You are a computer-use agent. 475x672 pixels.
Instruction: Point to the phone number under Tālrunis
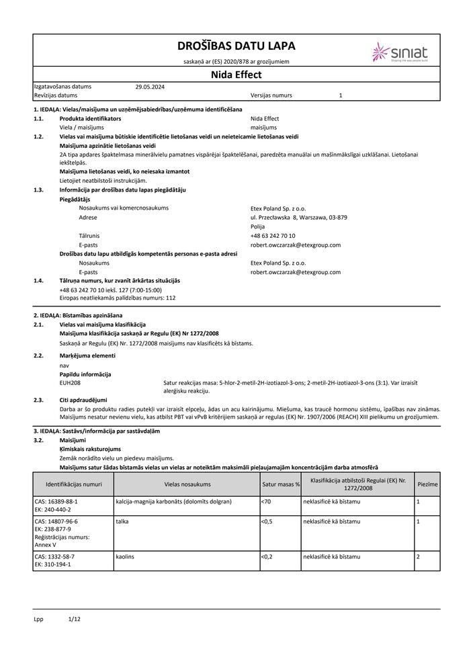pyautogui.click(x=273, y=236)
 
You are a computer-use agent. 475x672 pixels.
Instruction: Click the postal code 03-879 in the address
pyautogui.click(x=337, y=217)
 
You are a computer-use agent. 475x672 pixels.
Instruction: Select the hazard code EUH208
pyautogui.click(x=71, y=382)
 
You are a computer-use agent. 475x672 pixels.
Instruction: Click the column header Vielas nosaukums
pyautogui.click(x=187, y=483)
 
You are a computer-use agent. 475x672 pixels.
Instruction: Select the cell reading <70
pyautogui.click(x=266, y=501)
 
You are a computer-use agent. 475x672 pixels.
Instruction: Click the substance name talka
pyautogui.click(x=122, y=521)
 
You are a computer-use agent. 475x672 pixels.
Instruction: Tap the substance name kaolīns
pyautogui.click(x=126, y=557)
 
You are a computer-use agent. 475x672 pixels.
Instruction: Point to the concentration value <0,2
pyautogui.click(x=267, y=557)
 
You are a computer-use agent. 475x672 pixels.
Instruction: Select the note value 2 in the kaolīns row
pyautogui.click(x=418, y=557)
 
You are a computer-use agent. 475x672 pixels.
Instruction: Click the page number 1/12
pyautogui.click(x=74, y=618)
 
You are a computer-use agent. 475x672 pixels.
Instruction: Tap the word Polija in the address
pyautogui.click(x=258, y=226)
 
